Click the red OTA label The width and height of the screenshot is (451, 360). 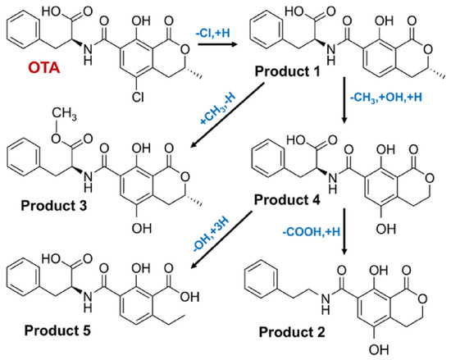pos(44,68)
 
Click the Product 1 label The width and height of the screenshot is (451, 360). pos(287,71)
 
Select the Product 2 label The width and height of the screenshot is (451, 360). pos(292,332)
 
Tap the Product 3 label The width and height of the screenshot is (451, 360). pos(54,206)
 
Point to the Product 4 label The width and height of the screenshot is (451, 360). pos(287,200)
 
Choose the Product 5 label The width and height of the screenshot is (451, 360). pos(57,330)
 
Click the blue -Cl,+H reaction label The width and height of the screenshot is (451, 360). pos(213,33)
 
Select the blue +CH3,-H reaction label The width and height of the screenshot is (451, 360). pos(218,109)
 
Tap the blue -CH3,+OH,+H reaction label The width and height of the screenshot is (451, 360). pos(385,98)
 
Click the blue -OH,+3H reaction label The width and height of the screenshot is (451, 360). pos(212,235)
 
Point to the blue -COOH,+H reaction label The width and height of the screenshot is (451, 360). pos(312,232)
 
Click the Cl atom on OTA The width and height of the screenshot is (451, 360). pos(139,98)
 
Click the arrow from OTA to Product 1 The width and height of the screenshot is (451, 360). pos(216,44)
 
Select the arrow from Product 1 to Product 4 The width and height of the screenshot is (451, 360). pos(344,100)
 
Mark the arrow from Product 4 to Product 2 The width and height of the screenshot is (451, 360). pos(344,231)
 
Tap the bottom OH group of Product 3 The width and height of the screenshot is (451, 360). pos(142,229)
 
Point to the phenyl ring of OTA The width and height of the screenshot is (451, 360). pos(23,30)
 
